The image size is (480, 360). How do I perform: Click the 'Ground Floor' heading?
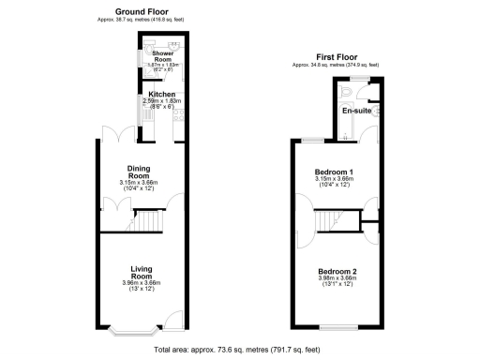coord(142,11)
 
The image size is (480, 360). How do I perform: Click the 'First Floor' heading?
coord(337,57)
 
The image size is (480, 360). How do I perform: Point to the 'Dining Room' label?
coord(140,172)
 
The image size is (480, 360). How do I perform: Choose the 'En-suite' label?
coord(354,111)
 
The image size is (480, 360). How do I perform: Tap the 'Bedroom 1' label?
coord(334,172)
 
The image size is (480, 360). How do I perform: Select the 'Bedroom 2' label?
coord(336,271)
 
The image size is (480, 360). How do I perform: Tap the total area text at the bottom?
coord(240,350)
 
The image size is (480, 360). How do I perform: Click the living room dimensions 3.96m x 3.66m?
coord(142,282)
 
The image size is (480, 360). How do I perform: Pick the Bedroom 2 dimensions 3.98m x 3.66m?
coord(336,278)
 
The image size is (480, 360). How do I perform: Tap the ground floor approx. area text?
coord(142,19)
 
